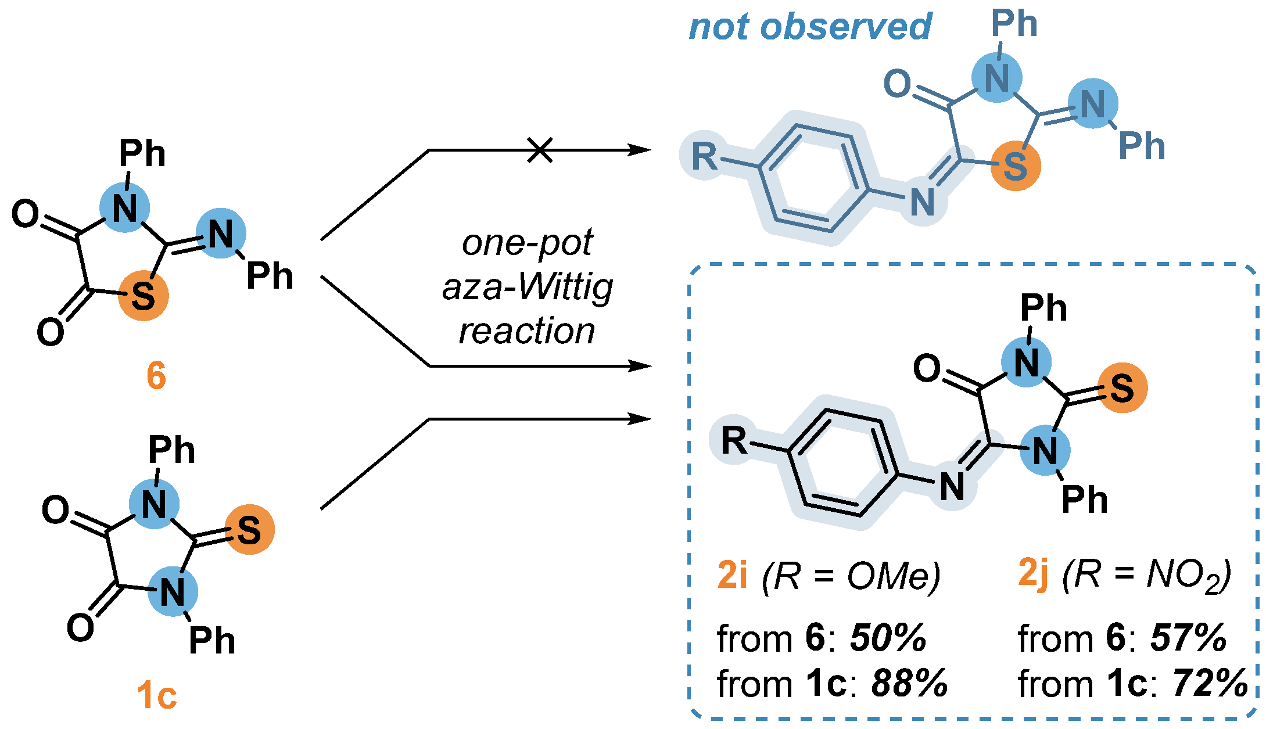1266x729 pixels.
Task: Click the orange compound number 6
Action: [x=156, y=375]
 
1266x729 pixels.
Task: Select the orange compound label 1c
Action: [x=157, y=695]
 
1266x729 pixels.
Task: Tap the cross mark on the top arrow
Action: [x=540, y=150]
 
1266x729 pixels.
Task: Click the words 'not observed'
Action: [x=810, y=27]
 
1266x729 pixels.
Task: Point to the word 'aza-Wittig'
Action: [x=528, y=288]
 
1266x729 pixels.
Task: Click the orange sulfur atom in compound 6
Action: [x=144, y=296]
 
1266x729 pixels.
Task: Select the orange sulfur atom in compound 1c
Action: [x=249, y=530]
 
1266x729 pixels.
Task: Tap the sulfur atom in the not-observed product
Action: [x=1015, y=166]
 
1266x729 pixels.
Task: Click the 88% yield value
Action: [x=909, y=683]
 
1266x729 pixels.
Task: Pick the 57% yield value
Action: [x=1188, y=638]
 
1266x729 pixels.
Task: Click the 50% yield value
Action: [x=888, y=638]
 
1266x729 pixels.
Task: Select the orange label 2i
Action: [x=732, y=575]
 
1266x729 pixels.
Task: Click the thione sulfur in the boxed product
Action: [x=1122, y=388]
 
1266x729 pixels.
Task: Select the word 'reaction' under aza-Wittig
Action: [x=527, y=332]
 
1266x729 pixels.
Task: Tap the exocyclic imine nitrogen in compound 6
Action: [x=221, y=234]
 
